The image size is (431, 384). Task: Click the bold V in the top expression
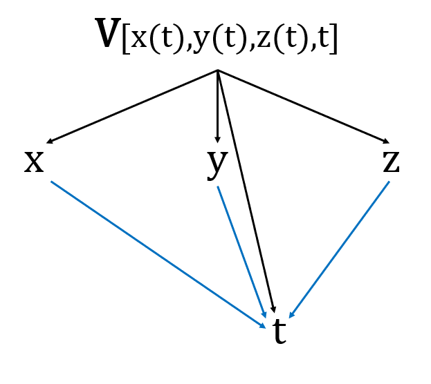[x=108, y=35]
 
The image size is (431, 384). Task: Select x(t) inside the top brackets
[x=149, y=39]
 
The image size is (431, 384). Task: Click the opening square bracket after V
[x=125, y=39]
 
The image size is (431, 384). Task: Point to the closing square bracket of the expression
[x=334, y=39]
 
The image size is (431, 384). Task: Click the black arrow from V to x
[x=131, y=107]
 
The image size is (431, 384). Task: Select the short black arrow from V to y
[x=218, y=107]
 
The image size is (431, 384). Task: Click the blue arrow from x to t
[x=158, y=254]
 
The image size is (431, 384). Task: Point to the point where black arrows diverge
[x=218, y=70]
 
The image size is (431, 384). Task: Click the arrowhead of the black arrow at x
[x=48, y=142]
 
